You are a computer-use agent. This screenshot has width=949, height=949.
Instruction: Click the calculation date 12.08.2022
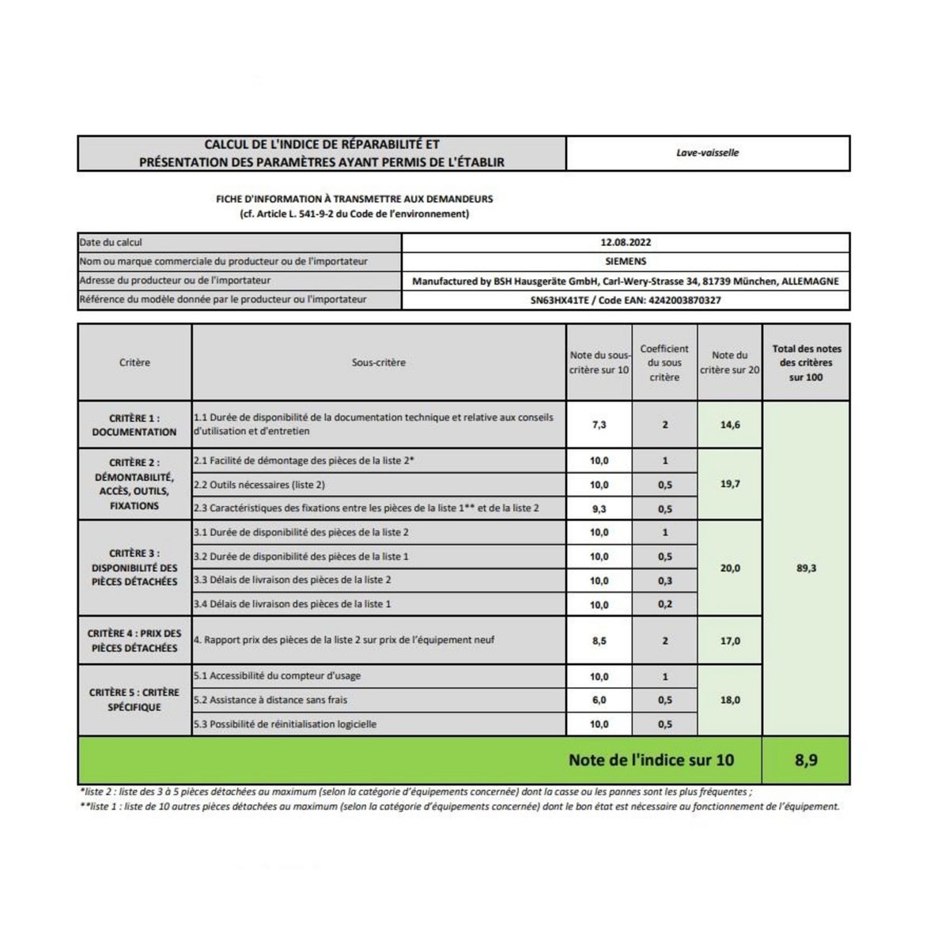pyautogui.click(x=626, y=243)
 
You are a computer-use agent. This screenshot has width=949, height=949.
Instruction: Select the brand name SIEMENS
pyautogui.click(x=626, y=262)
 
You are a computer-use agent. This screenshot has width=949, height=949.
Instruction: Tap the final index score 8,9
pyautogui.click(x=806, y=760)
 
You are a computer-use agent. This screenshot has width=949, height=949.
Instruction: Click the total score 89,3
pyautogui.click(x=806, y=569)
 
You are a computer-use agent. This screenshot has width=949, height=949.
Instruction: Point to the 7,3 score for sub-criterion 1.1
pyautogui.click(x=599, y=425)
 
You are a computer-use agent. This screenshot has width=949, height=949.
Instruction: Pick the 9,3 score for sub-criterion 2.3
pyautogui.click(x=599, y=509)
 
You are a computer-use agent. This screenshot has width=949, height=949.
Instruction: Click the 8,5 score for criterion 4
pyautogui.click(x=599, y=641)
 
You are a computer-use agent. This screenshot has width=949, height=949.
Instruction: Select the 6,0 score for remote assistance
pyautogui.click(x=599, y=700)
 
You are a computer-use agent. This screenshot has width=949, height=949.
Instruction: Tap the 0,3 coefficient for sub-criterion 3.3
pyautogui.click(x=665, y=580)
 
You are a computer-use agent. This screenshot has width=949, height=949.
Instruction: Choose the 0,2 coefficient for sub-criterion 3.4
pyautogui.click(x=665, y=604)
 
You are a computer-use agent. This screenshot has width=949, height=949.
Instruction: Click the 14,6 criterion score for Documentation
pyautogui.click(x=730, y=425)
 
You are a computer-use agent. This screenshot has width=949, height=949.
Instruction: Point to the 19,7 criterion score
pyautogui.click(x=730, y=484)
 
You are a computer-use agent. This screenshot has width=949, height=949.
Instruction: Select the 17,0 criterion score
pyautogui.click(x=730, y=641)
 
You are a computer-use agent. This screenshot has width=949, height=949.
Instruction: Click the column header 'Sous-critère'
pyautogui.click(x=379, y=363)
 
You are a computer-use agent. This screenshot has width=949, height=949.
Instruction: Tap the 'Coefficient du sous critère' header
pyautogui.click(x=664, y=363)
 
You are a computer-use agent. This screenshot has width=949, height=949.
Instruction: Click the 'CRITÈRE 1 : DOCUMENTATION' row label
pyautogui.click(x=134, y=425)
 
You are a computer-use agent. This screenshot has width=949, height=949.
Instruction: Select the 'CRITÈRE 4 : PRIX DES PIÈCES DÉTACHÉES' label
pyautogui.click(x=134, y=641)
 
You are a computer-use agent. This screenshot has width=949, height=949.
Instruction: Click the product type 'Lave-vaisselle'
pyautogui.click(x=708, y=153)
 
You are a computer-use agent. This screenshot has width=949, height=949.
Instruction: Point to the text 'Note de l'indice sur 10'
pyautogui.click(x=651, y=760)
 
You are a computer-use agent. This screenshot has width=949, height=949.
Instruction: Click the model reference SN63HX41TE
pyautogui.click(x=560, y=301)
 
